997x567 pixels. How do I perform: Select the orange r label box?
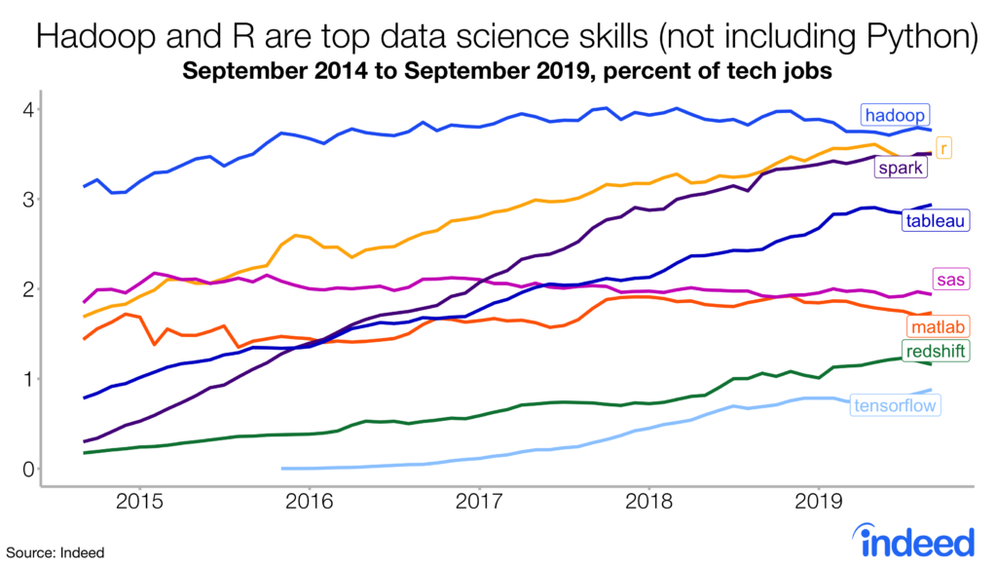[x=944, y=147]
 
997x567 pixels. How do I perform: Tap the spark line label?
[x=901, y=169]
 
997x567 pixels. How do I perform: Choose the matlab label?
[x=936, y=326]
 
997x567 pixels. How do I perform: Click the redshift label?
[x=936, y=352]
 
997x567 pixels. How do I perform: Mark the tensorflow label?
[x=895, y=405]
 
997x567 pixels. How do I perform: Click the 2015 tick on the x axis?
[x=139, y=506]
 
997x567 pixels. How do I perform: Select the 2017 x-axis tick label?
[x=478, y=506]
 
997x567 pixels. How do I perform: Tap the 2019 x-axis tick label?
[x=818, y=506]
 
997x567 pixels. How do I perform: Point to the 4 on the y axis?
[x=29, y=109]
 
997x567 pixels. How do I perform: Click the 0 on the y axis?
[x=29, y=469]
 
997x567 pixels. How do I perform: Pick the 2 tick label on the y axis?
[x=29, y=289]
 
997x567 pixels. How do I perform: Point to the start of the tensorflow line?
[x=283, y=469]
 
